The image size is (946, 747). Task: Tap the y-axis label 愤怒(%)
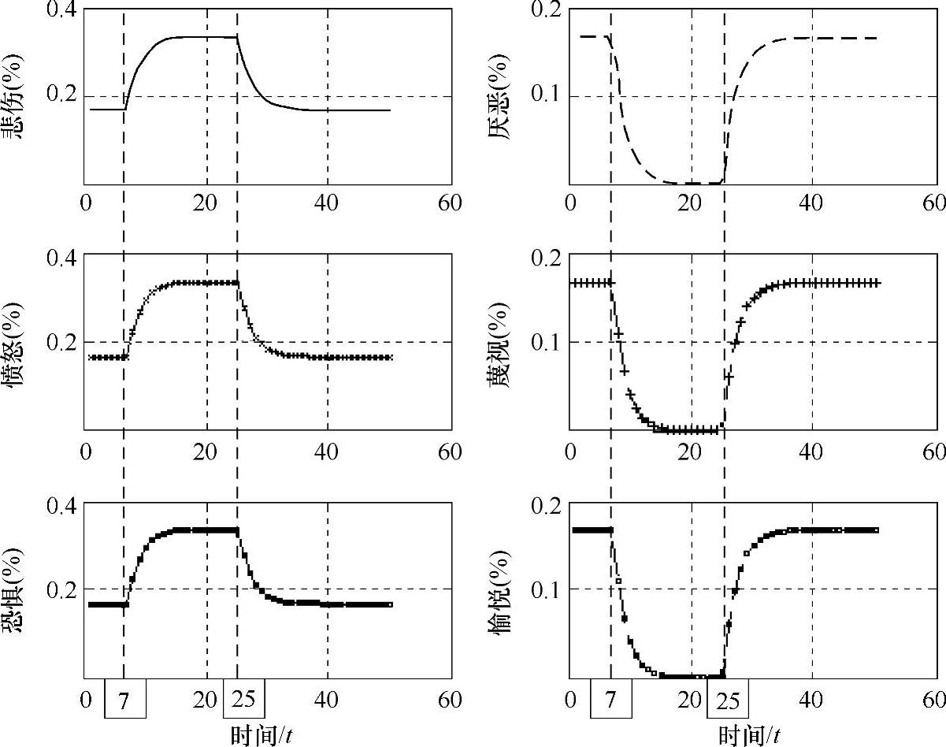coord(14,344)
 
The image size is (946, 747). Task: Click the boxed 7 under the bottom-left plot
coord(124,700)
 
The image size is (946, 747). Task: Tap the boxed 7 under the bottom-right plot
coord(610,700)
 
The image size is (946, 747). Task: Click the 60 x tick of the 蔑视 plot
coord(934,452)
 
